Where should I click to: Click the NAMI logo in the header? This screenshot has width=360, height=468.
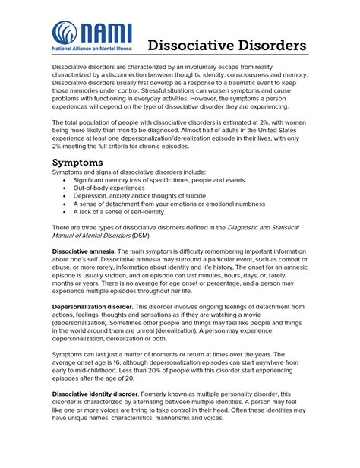click(x=92, y=37)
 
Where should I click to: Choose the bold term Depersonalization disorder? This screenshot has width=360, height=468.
click(x=93, y=306)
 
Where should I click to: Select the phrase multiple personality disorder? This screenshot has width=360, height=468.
click(x=219, y=394)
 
